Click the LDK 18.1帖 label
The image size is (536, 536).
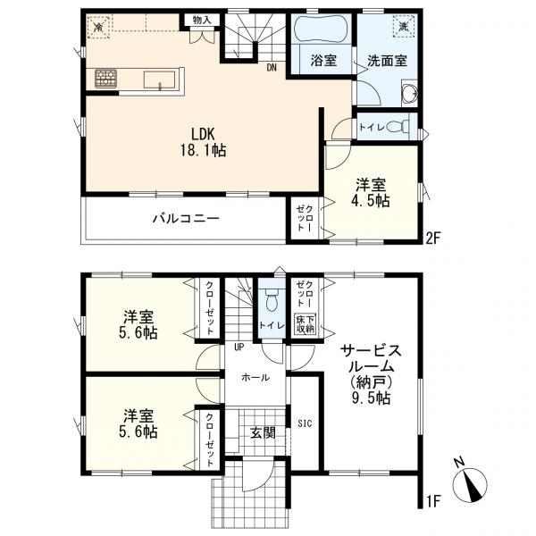pos(203,142)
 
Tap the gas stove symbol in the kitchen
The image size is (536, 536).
pos(106,79)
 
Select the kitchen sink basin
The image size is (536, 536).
pos(159,80)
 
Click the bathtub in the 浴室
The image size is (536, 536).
pos(321,30)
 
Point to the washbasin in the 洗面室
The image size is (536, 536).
pos(409,92)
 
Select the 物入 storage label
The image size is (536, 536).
pos(202,20)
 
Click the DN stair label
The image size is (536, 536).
pos(272,67)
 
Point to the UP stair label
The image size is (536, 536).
pos(239,347)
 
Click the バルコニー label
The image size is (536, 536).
pos(186,218)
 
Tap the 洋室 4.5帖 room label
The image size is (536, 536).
pos(371,193)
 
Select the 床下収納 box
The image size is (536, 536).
pos(305,324)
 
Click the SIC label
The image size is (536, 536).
pos(305,423)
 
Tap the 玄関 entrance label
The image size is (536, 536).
pos(264,432)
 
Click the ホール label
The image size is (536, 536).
pos(255,377)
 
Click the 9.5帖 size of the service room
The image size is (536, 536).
pos(371,398)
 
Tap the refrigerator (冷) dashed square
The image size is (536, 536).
pos(98,26)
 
